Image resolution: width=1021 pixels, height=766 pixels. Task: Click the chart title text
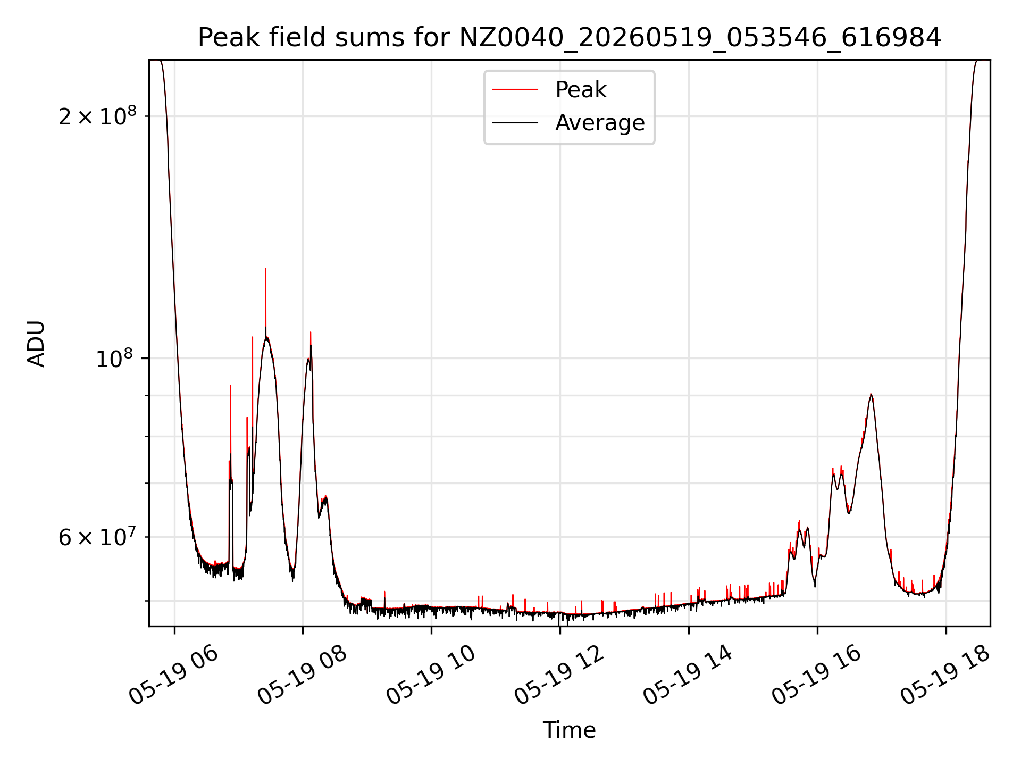570,38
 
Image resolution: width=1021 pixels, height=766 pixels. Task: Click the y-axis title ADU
36,344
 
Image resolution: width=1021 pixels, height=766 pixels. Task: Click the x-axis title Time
569,730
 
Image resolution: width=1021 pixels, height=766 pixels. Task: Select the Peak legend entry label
581,89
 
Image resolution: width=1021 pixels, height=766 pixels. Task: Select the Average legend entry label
600,123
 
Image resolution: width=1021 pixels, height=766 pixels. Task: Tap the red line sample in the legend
515,89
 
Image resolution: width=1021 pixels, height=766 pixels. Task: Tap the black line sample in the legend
515,123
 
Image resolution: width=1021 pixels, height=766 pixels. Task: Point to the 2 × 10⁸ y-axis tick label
97,115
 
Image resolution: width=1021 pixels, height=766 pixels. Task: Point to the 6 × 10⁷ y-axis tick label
97,537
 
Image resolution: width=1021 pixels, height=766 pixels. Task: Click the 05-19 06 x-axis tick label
174,676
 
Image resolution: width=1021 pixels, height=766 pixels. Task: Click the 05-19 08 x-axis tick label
303,676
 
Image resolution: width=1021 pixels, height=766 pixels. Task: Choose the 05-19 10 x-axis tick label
431,676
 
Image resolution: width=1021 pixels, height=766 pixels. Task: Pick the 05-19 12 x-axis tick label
560,676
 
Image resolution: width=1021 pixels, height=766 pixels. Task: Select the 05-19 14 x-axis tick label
689,676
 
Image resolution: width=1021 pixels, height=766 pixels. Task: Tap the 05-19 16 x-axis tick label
817,676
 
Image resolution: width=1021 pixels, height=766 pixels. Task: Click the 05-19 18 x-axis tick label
946,676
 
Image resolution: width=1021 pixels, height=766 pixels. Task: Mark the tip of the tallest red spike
265,269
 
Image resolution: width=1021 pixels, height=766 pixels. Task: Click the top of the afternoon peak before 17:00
871,394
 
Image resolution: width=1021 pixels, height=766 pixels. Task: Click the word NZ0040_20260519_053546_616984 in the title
700,38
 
